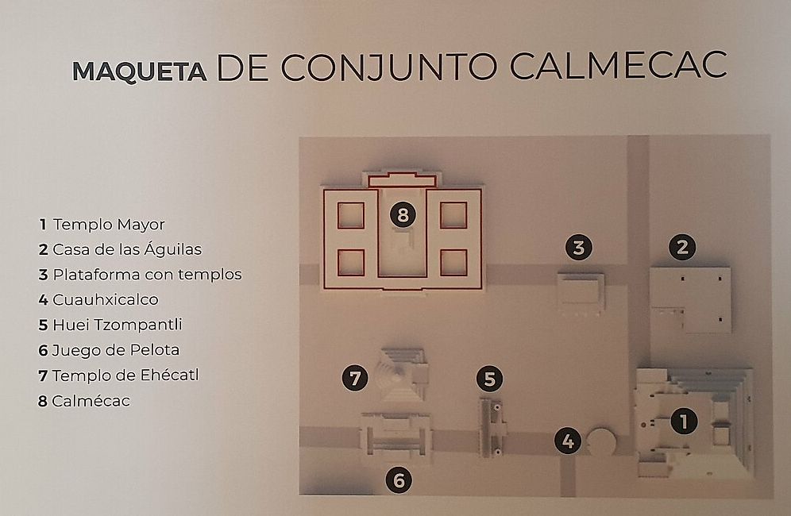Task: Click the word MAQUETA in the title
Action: pos(139,71)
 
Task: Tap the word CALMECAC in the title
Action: pos(619,65)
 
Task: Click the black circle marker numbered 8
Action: pos(403,215)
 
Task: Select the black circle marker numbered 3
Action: pos(579,247)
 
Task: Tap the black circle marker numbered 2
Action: pos(682,247)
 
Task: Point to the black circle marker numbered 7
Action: pos(355,379)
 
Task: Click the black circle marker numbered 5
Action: pos(489,379)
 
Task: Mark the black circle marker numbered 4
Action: pos(568,441)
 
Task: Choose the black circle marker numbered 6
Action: pos(399,480)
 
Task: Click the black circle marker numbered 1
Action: pos(684,422)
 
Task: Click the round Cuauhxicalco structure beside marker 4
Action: pos(602,442)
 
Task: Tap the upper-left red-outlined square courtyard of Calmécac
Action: pos(351,215)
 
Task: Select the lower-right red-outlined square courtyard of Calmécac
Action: pos(453,262)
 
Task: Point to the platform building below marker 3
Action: pos(581,294)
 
